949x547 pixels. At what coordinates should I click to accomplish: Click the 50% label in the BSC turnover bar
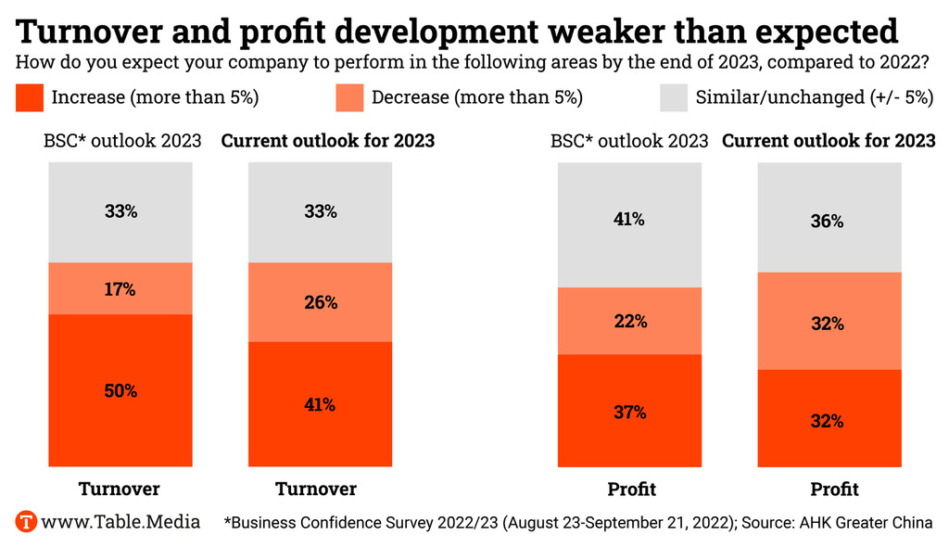tap(120, 390)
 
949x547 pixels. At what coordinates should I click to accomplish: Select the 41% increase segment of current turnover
tap(320, 404)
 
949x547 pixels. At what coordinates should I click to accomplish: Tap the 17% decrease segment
tap(120, 289)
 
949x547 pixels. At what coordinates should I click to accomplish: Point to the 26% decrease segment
tap(320, 302)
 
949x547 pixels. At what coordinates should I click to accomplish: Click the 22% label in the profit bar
tap(629, 322)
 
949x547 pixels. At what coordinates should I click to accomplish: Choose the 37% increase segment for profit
tap(629, 412)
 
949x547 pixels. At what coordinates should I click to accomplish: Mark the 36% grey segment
tap(828, 222)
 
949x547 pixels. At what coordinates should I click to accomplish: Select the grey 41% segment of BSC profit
tap(629, 220)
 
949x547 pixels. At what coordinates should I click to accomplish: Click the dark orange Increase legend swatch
tap(30, 96)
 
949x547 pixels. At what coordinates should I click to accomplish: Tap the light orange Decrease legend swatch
tap(349, 96)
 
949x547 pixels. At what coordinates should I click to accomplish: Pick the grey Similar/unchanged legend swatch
tap(673, 96)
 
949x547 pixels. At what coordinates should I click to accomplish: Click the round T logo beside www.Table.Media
tap(26, 521)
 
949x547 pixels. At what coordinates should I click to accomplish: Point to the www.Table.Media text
tap(121, 521)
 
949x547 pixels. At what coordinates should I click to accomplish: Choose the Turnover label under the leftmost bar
tap(120, 489)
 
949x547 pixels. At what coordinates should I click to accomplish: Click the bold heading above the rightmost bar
tap(829, 141)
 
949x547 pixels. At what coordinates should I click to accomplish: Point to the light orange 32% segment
tap(828, 324)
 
